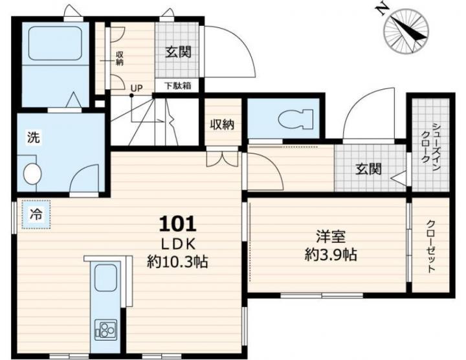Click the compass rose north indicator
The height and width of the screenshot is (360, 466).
point(406,31)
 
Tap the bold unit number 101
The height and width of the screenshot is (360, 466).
point(178,224)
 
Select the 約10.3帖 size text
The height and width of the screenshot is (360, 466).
point(177,262)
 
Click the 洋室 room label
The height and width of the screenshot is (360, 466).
point(331,238)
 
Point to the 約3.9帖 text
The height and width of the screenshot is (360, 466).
point(331,254)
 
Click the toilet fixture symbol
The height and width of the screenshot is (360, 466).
point(295,119)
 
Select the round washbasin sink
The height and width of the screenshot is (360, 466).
point(32,174)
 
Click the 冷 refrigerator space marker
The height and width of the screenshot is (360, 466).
point(36,214)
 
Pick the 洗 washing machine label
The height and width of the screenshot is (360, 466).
point(34,137)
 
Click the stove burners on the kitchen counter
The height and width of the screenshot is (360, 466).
point(105,330)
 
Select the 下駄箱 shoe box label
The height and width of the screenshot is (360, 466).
point(178,86)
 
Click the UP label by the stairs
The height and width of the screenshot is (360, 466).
point(137,88)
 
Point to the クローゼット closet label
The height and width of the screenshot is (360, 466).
point(431,247)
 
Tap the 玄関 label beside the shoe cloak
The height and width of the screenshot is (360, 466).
point(368,170)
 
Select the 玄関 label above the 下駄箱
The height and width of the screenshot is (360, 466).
point(178,52)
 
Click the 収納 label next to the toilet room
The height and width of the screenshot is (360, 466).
point(222,124)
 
